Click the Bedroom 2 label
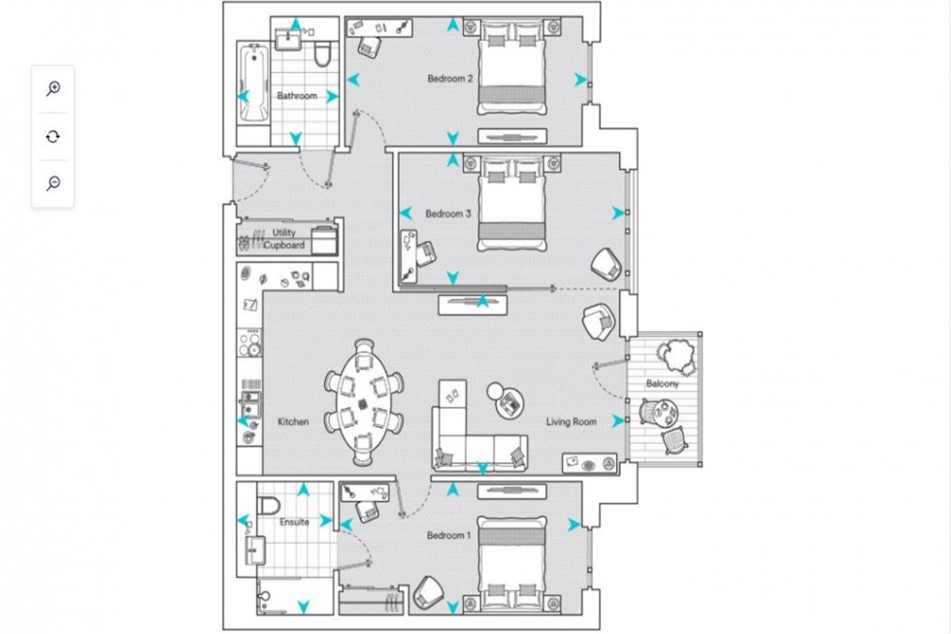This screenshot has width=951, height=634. (449, 79)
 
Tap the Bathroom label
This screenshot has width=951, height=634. (296, 96)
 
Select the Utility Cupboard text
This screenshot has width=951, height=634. (283, 240)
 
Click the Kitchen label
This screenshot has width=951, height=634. (293, 421)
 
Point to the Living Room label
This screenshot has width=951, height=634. (571, 421)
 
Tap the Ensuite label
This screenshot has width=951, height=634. (294, 522)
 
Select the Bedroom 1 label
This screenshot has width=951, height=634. (448, 535)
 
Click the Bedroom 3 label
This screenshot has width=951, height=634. (447, 214)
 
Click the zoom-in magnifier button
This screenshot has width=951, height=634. (53, 88)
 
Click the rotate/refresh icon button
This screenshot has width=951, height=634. (53, 136)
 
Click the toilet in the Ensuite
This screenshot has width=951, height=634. (267, 505)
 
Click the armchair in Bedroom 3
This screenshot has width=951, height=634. (606, 261)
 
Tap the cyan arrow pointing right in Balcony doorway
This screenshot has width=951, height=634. (618, 421)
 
